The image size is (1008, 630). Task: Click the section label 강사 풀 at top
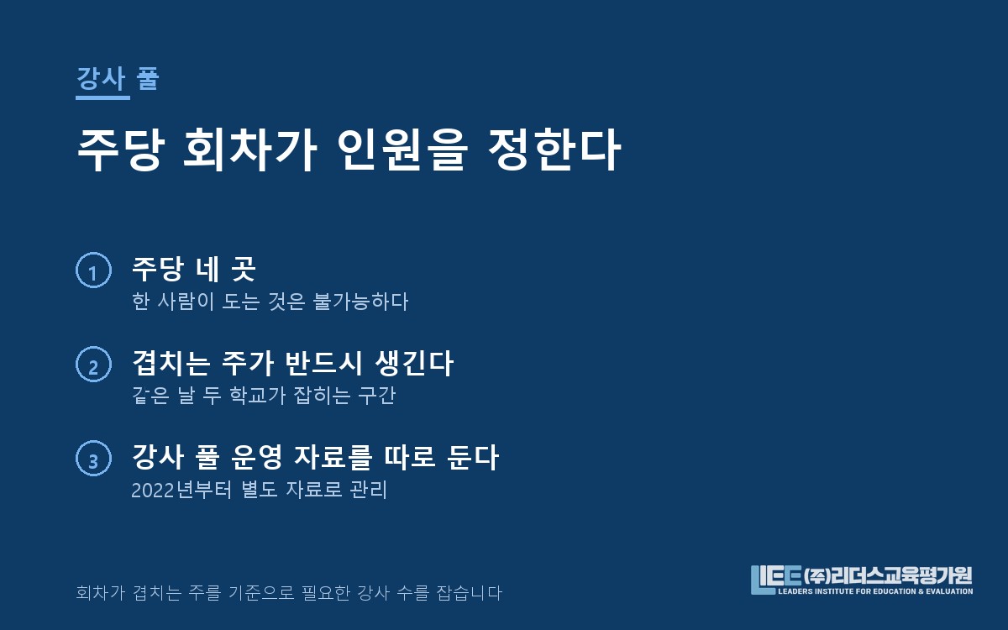tap(118, 78)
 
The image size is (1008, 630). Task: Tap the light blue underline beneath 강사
tap(102, 97)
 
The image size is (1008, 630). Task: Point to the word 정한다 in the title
tap(555, 149)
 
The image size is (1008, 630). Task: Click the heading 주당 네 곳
tap(194, 269)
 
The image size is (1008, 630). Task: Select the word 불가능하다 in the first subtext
tap(360, 301)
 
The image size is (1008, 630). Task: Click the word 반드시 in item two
tap(323, 363)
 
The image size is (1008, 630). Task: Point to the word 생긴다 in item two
tap(414, 363)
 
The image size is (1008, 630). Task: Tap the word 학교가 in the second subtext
tap(257, 395)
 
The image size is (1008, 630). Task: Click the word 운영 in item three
tap(256, 457)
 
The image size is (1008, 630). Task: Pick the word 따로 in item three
tap(410, 457)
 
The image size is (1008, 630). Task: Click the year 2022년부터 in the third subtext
tap(181, 490)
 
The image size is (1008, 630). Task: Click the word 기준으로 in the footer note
tap(261, 593)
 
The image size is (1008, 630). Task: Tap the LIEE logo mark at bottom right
tap(776, 580)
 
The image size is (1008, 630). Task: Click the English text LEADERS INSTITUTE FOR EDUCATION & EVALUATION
tap(875, 591)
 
